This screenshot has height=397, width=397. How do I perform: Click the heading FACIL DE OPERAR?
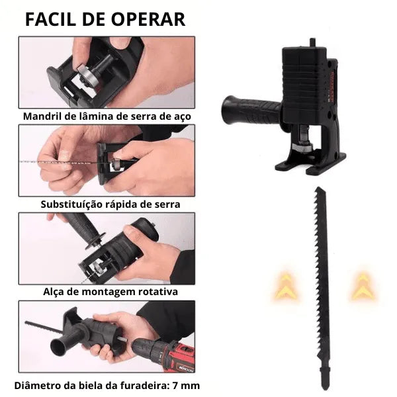[105, 19]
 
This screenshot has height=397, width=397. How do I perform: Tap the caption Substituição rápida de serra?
[110, 204]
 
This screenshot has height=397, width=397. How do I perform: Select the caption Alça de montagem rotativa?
[110, 291]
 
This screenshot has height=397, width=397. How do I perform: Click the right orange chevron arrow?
[361, 286]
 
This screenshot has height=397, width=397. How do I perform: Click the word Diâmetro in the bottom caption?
[36, 385]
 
